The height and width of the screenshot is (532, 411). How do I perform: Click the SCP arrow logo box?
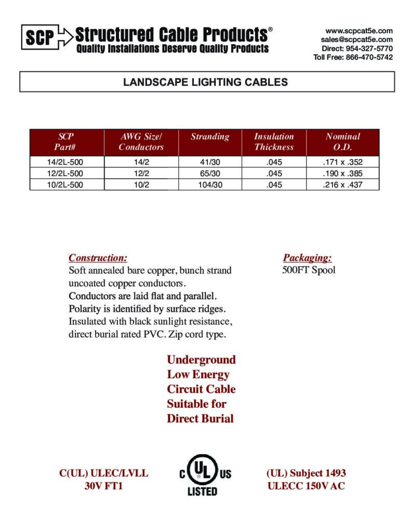46,37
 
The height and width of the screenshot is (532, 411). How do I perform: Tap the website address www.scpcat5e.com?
359,31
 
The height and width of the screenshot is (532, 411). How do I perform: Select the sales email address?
356,39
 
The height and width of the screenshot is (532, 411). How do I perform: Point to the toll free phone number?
353,57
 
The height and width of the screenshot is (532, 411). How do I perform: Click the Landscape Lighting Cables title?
205,82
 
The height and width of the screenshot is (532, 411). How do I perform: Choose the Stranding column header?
210,137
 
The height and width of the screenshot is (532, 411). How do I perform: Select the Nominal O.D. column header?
342,142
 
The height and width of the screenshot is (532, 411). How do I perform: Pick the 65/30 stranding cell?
210,174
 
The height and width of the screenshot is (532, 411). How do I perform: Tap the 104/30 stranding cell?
210,184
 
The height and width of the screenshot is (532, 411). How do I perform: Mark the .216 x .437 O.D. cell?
342,184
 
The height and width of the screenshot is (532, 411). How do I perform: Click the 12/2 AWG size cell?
141,174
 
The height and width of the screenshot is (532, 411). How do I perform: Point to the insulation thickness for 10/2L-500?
274,184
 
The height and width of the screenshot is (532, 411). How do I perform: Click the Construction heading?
98,258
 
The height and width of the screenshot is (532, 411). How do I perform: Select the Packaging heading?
307,258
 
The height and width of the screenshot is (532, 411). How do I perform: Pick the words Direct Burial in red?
200,419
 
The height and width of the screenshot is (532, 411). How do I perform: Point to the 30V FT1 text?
103,487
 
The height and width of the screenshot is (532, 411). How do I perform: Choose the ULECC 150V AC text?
306,487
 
